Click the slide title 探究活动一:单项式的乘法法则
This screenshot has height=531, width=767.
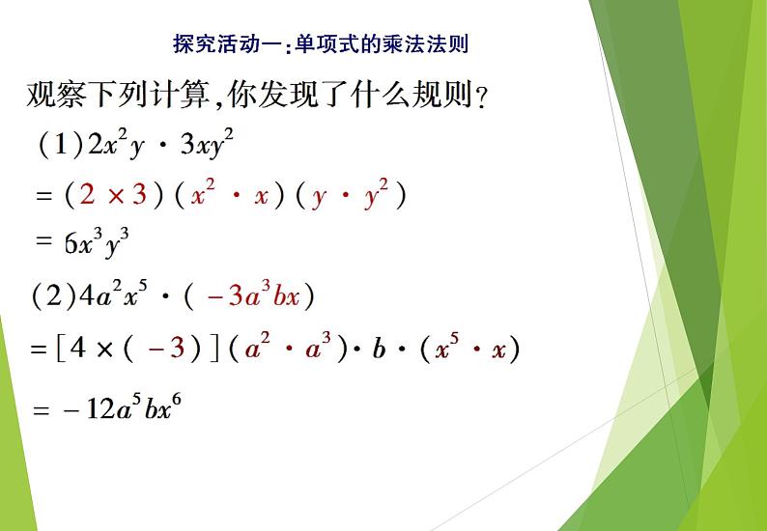point(326,43)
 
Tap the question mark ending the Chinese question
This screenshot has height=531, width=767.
point(481,100)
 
